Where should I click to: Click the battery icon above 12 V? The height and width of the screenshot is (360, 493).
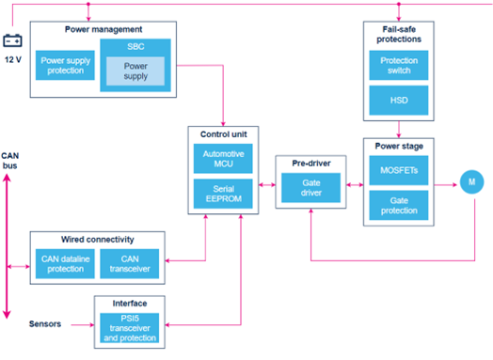pyautogui.click(x=12, y=40)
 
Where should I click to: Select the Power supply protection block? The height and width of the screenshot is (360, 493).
pyautogui.click(x=65, y=66)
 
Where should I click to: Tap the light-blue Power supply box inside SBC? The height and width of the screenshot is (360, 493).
pyautogui.click(x=135, y=71)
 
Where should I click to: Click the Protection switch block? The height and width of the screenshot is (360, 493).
pyautogui.click(x=399, y=66)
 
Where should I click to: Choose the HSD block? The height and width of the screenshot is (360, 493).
pyautogui.click(x=399, y=101)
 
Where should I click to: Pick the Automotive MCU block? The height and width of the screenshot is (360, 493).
pyautogui.click(x=223, y=159)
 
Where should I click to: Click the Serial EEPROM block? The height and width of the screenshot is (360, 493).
pyautogui.click(x=223, y=194)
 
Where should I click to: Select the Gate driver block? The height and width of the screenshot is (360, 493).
pyautogui.click(x=310, y=188)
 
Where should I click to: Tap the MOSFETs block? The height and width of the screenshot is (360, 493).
pyautogui.click(x=399, y=170)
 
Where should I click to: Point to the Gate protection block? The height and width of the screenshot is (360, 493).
pyautogui.click(x=399, y=206)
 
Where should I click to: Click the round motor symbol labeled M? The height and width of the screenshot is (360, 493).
pyautogui.click(x=471, y=182)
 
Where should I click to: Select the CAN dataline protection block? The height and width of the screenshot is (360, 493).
pyautogui.click(x=65, y=264)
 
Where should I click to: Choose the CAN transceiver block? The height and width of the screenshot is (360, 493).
pyautogui.click(x=130, y=264)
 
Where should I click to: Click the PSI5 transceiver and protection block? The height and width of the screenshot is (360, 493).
pyautogui.click(x=130, y=328)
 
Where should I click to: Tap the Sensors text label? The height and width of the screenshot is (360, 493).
pyautogui.click(x=45, y=324)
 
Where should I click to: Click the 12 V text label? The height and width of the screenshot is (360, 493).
pyautogui.click(x=13, y=59)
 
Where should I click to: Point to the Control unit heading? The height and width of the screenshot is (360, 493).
pyautogui.click(x=224, y=134)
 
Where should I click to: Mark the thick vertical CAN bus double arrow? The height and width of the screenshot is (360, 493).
pyautogui.click(x=7, y=246)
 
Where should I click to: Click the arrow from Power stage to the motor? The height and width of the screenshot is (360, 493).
pyautogui.click(x=446, y=185)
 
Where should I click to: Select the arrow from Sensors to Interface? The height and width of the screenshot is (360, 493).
pyautogui.click(x=83, y=325)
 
